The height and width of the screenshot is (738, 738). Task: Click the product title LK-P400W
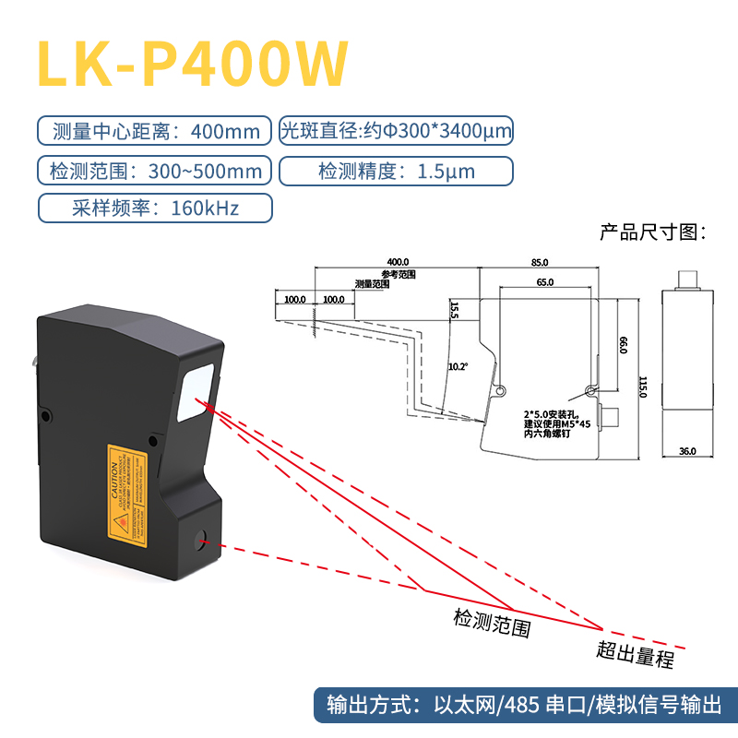pos(193,64)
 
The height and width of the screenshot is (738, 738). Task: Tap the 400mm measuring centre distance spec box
pos(154,131)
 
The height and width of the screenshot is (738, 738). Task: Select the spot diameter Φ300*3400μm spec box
pos(395,131)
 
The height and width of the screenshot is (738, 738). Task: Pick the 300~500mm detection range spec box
pos(154,171)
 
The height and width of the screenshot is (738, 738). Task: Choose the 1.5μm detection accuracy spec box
pos(395,171)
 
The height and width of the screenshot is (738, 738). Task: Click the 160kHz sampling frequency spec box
pos(154,208)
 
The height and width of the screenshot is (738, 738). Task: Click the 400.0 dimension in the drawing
pos(398,262)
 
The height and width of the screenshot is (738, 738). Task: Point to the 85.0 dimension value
pos(540,262)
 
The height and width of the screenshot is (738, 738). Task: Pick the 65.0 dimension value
pos(544,282)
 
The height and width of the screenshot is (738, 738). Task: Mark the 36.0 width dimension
pos(686,451)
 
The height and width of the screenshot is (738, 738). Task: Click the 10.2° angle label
pos(458,366)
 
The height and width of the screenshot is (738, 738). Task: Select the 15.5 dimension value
pos(454,309)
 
